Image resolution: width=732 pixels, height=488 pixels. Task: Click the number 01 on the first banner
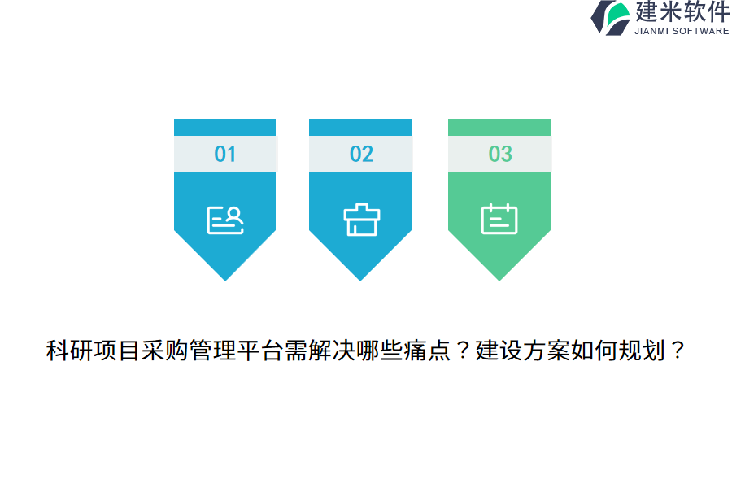click(225, 154)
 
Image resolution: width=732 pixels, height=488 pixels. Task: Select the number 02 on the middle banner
click(361, 154)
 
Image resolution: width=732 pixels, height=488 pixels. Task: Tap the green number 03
click(500, 154)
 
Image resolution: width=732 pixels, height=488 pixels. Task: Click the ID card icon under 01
click(225, 220)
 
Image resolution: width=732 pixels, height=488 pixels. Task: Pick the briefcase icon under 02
click(362, 220)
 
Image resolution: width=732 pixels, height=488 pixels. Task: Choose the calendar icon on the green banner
click(499, 219)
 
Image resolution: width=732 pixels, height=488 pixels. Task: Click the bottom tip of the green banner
click(499, 281)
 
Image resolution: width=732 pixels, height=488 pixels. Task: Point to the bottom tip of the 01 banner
click(225, 281)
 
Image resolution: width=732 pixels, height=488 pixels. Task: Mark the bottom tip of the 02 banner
click(360, 281)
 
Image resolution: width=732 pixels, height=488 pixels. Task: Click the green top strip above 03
click(499, 128)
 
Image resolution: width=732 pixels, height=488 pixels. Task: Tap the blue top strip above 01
click(225, 128)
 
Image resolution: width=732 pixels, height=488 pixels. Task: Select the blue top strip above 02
click(360, 128)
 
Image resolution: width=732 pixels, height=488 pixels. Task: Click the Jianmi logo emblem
click(610, 18)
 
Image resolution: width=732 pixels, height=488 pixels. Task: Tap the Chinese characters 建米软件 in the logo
click(682, 11)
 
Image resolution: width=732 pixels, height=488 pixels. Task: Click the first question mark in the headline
click(463, 351)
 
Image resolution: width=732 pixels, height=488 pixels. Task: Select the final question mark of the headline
click(677, 351)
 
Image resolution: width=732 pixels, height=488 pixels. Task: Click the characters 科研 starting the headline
click(69, 351)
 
